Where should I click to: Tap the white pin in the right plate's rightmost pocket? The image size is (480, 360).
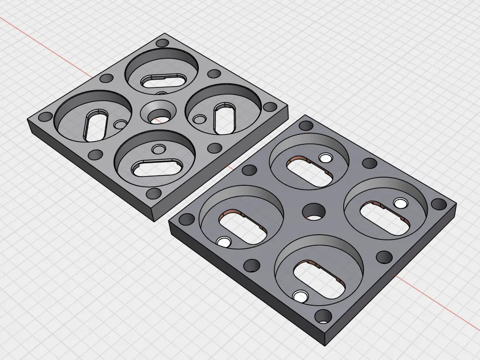pos(400,204)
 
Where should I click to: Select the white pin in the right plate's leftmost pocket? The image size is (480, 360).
pos(224,242)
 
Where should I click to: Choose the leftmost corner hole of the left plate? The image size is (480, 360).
pos(46,117)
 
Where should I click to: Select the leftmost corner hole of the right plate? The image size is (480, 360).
pos(183,220)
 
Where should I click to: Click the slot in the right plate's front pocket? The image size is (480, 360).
pos(320,279)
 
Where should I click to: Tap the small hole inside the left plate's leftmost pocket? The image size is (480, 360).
pos(120,125)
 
